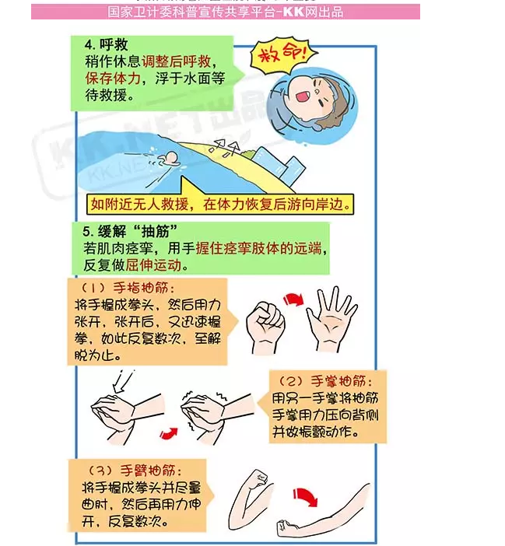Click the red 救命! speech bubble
pyautogui.click(x=282, y=57)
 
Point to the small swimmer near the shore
pyautogui.click(x=167, y=161)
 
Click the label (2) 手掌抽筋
pyautogui.click(x=328, y=382)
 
